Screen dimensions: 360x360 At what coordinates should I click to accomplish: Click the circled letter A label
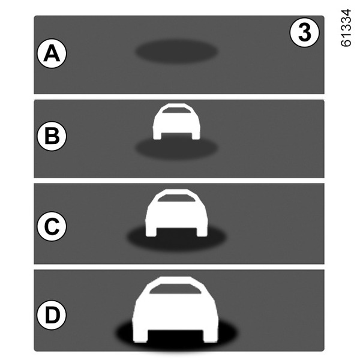tap(52, 53)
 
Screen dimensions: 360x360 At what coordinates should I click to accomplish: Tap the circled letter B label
tap(52, 136)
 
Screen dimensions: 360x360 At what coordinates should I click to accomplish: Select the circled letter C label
tap(52, 226)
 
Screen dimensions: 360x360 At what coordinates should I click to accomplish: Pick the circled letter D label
tap(52, 315)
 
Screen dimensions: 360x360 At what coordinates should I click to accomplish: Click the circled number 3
tap(304, 32)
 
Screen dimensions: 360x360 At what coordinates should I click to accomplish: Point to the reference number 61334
tap(346, 28)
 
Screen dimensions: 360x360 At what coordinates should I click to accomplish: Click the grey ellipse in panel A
tap(176, 52)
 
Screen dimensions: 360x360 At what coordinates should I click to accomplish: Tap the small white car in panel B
tap(176, 121)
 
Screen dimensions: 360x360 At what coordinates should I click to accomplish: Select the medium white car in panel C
tap(176, 212)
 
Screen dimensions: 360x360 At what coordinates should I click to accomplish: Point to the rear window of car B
tap(176, 110)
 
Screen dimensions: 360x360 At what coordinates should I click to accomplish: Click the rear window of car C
tap(176, 198)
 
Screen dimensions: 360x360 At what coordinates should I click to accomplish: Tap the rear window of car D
tap(175, 289)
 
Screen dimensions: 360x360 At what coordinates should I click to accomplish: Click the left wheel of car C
tap(151, 232)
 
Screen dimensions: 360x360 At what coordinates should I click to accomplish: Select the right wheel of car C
tap(202, 232)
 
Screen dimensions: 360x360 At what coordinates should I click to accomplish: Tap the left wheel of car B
tap(157, 136)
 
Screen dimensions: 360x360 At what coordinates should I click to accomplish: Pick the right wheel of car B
tap(196, 136)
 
